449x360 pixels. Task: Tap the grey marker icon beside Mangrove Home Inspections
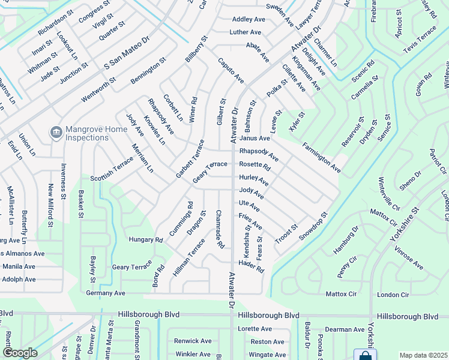[x=55, y=131]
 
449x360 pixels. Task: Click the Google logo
[x=20, y=353]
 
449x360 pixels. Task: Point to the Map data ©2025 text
[x=423, y=355]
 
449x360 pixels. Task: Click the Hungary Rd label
[x=146, y=239]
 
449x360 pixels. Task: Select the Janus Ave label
[x=255, y=138]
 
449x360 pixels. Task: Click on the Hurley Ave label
[x=253, y=179]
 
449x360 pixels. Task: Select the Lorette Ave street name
[x=255, y=329]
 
